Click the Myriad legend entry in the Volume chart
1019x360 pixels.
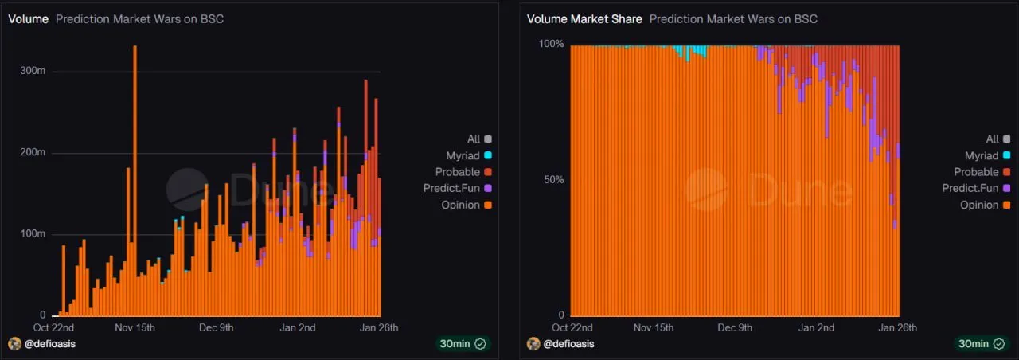pyautogui.click(x=464, y=155)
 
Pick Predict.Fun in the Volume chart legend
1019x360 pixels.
pyautogui.click(x=455, y=188)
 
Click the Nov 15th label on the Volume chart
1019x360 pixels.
pyautogui.click(x=135, y=327)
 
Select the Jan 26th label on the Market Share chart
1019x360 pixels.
pyautogui.click(x=897, y=327)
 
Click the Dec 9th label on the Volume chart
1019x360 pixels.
pyautogui.click(x=216, y=327)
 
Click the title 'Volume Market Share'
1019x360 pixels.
pyautogui.click(x=584, y=19)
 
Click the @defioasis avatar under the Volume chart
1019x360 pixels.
pyautogui.click(x=14, y=344)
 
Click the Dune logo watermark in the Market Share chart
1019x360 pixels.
pyautogui.click(x=706, y=190)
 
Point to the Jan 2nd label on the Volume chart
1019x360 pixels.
pyautogui.click(x=299, y=327)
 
